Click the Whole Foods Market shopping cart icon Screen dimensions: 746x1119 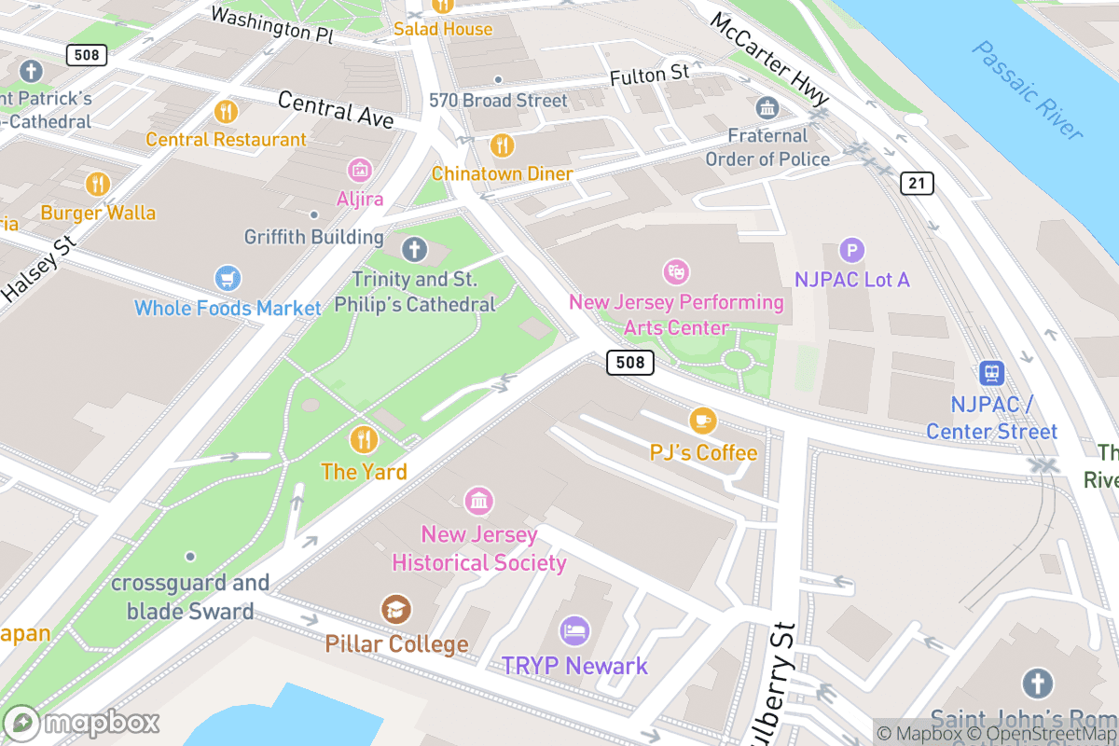point(227,278)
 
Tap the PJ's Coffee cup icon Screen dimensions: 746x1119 point(702,421)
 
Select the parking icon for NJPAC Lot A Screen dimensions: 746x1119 point(851,250)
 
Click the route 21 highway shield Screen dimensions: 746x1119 point(917,183)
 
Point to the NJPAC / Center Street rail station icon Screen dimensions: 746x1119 point(992,374)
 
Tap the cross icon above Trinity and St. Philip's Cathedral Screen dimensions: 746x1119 point(414,249)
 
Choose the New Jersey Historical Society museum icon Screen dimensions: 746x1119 point(478,501)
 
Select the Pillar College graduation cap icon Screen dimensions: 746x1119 point(396,611)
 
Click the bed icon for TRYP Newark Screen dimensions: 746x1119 point(574,631)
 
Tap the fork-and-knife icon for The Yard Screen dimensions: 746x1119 point(364,439)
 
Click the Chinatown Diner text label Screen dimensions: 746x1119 point(502,174)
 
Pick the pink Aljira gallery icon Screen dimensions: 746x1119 point(360,170)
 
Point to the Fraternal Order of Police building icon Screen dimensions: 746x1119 point(767,108)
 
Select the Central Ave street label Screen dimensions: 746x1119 point(336,110)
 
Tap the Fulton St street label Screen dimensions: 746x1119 point(649,75)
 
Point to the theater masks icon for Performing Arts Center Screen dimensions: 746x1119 point(675,272)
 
